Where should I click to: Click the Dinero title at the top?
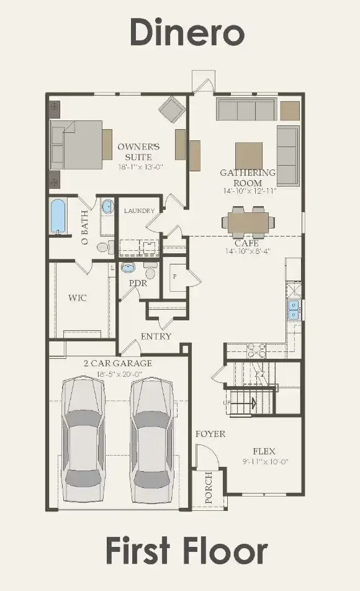(x=186, y=32)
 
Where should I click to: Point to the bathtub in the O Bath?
(x=58, y=216)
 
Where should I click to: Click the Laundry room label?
(x=139, y=211)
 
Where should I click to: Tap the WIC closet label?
(x=78, y=298)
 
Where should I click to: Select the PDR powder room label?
(x=138, y=283)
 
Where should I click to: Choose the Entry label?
(x=156, y=336)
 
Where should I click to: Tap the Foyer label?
(x=210, y=434)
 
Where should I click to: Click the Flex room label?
(x=264, y=451)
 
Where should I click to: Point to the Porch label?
(x=209, y=487)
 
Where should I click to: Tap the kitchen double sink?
(x=294, y=309)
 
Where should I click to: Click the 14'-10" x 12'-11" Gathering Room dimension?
(x=248, y=192)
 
